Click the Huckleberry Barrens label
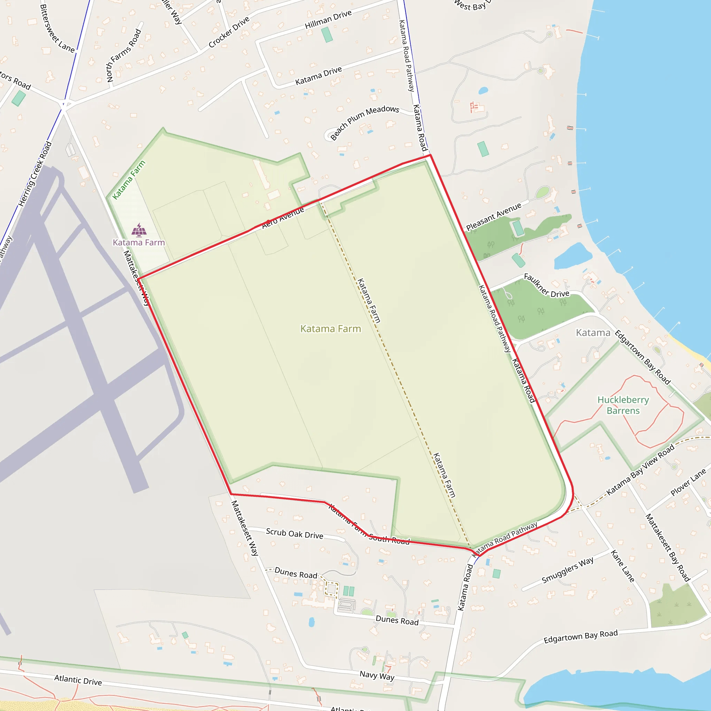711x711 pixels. coord(623,405)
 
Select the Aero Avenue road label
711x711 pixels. coord(283,217)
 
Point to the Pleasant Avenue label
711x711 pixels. coord(494,216)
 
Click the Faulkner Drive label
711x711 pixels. coord(546,286)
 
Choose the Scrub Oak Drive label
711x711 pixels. coord(294,534)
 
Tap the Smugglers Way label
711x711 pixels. coord(568,570)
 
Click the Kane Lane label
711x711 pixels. coord(623,566)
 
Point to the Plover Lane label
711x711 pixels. coord(688,482)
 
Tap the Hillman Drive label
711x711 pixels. coord(328,19)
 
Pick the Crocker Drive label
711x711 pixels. coord(229,32)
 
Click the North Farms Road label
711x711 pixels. coord(124,56)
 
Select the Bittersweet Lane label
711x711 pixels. coord(57,29)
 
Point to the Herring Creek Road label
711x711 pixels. coord(35,174)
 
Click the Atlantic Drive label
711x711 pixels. coord(78,680)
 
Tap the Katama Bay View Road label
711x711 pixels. coord(640,470)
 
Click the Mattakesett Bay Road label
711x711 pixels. coord(668,547)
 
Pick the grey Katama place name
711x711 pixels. coord(593,333)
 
